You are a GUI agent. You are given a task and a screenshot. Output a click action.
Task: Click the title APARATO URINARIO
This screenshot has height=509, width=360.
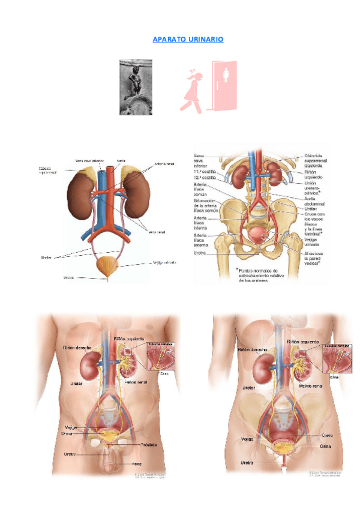(x=188, y=39)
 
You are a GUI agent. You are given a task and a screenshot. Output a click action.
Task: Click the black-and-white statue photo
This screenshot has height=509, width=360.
(x=136, y=86)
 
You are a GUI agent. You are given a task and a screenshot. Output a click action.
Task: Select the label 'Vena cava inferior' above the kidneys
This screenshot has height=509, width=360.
(x=91, y=160)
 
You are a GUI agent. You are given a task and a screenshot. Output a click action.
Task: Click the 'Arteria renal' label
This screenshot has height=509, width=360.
(x=164, y=163)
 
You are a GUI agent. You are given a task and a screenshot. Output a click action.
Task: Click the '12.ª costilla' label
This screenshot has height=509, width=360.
(x=205, y=178)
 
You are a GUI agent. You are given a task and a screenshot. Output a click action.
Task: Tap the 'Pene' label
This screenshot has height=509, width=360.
(x=137, y=463)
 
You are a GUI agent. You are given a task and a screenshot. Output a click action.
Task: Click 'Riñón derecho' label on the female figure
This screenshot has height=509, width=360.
(x=251, y=348)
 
